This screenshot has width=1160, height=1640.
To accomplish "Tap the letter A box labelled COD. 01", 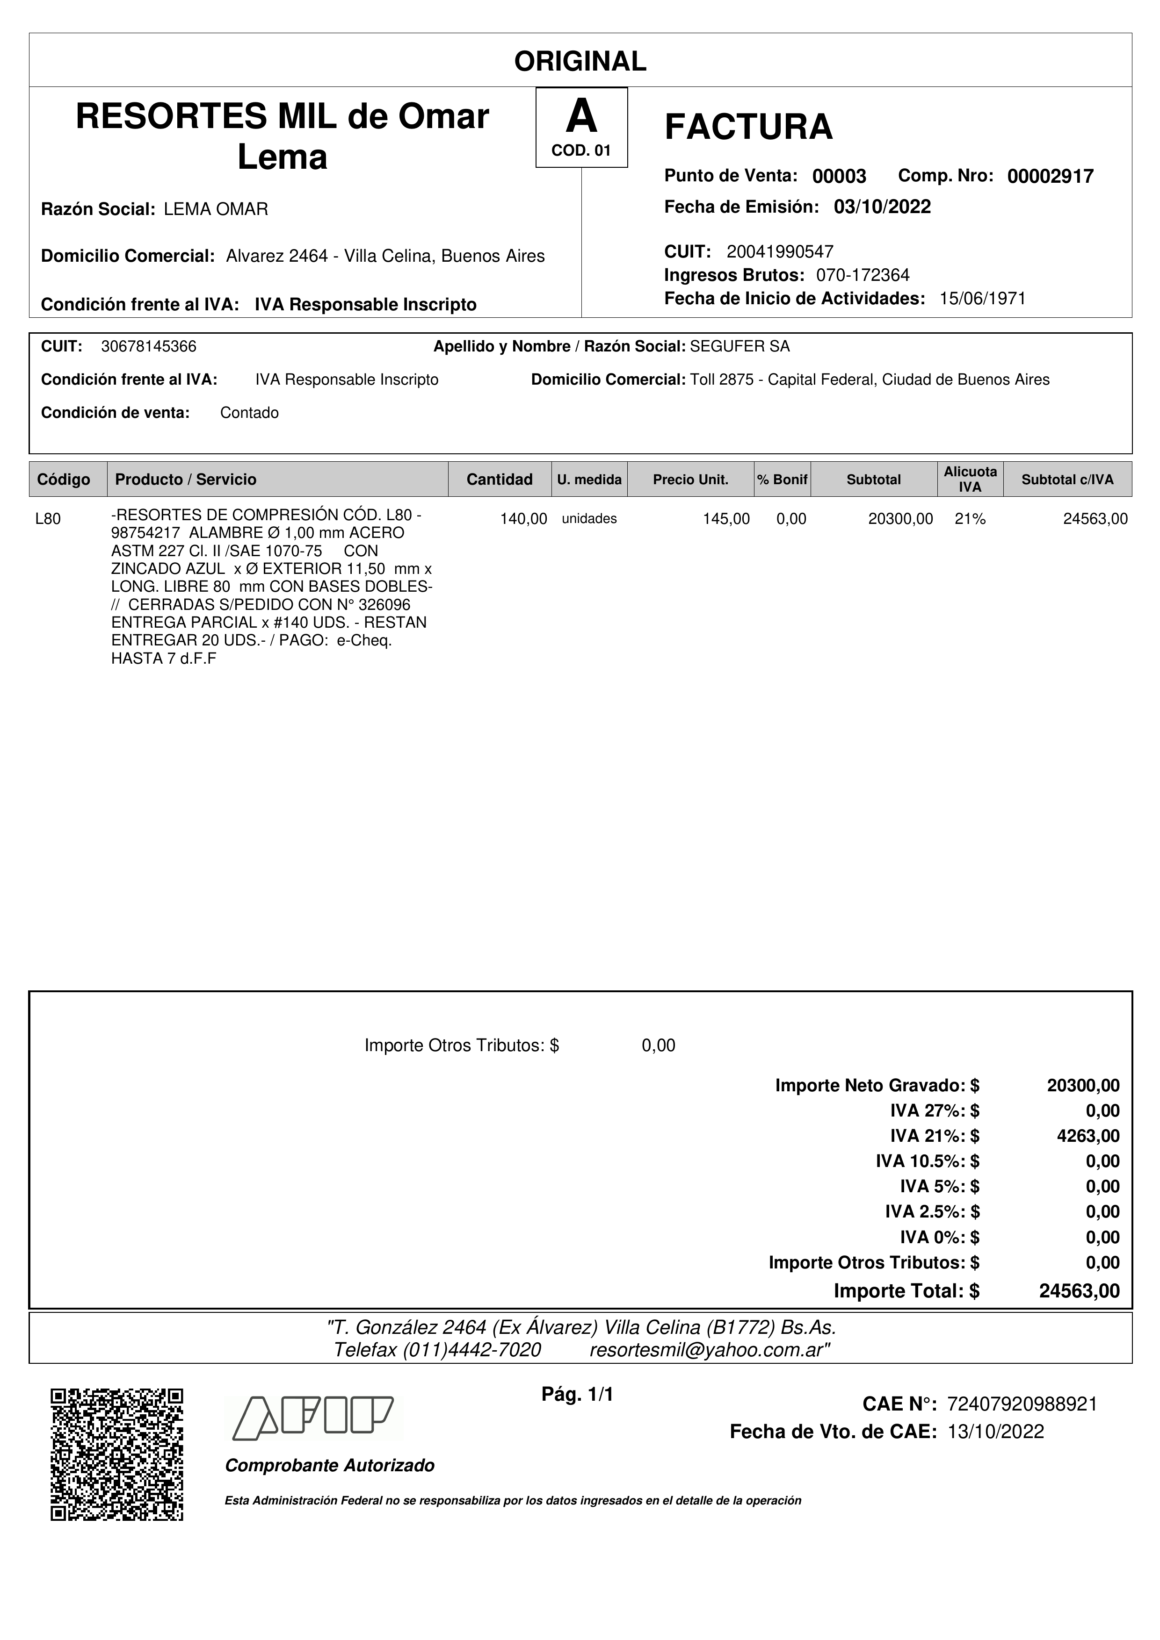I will tap(581, 127).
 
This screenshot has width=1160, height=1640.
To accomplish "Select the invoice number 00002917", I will tap(1050, 176).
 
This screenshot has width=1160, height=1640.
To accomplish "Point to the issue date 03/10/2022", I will tap(882, 207).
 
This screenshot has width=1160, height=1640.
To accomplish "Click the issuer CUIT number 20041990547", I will tap(780, 251).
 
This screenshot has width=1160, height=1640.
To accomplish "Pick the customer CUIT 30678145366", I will tap(149, 346).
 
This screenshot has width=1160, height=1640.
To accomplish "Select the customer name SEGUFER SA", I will tap(740, 346).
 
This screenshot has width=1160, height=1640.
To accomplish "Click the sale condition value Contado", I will tap(249, 413).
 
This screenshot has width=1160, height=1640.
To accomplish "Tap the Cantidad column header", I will tap(499, 479).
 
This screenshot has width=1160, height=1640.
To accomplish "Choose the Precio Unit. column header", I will tap(690, 479).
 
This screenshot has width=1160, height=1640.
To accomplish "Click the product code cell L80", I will tap(48, 519).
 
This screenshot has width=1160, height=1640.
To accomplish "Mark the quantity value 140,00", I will tap(523, 519).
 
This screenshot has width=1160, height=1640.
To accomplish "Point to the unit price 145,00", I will tap(726, 519).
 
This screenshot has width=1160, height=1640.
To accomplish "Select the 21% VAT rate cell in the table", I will tap(970, 519).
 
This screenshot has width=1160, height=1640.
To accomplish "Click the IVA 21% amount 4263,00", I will tap(1088, 1136).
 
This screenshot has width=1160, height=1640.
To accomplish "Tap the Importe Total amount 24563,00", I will tap(1079, 1291).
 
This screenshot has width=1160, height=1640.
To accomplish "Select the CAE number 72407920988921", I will tap(1022, 1404).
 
